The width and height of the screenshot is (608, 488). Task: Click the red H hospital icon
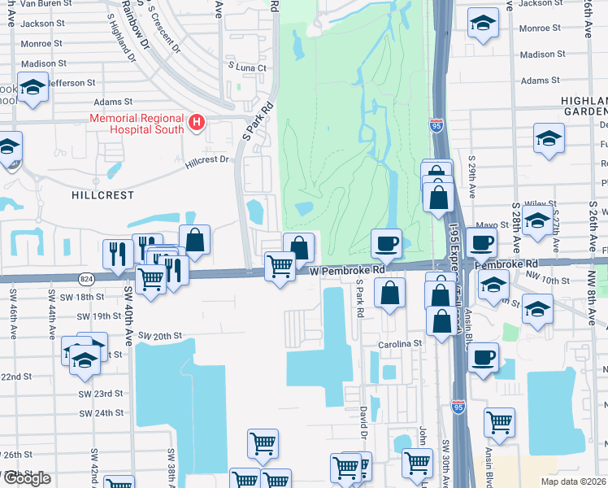pos(196,124)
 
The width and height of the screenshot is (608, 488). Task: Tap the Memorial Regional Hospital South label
pos(138,124)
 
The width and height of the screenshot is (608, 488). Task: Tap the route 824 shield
pos(85,279)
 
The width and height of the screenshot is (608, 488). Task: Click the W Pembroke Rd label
pos(345,269)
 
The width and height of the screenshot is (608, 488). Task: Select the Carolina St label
pos(399,344)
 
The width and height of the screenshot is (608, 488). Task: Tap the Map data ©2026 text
pos(573,481)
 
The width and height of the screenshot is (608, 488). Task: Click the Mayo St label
pos(486,224)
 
